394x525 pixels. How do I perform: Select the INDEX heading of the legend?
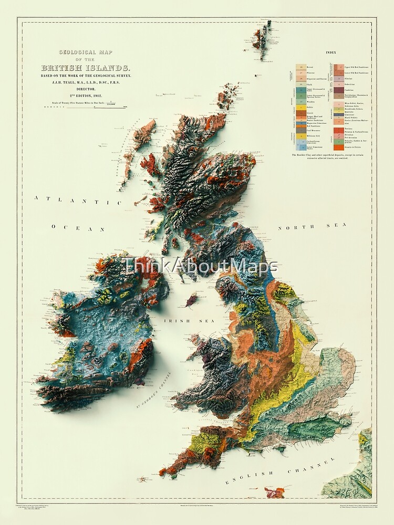(x=331, y=53)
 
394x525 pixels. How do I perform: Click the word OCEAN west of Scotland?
(x=79, y=229)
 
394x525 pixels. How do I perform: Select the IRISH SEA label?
(x=180, y=320)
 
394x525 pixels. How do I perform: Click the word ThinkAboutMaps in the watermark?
(x=200, y=267)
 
